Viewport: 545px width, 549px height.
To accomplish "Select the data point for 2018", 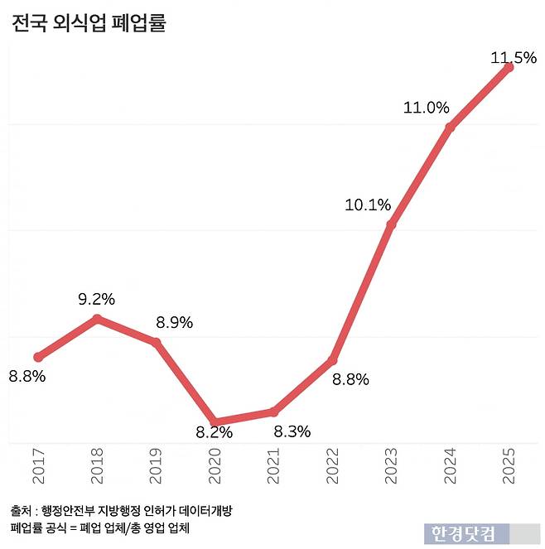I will click(x=97, y=319).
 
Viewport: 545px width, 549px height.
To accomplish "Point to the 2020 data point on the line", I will click(x=215, y=421).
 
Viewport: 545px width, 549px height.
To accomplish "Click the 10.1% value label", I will click(x=368, y=205).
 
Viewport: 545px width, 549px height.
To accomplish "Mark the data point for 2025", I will click(x=509, y=67).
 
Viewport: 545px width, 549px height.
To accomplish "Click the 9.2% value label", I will click(x=97, y=299).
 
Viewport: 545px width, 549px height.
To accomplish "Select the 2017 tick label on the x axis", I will click(x=38, y=468).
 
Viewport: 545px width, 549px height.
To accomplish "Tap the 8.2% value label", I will click(x=214, y=432).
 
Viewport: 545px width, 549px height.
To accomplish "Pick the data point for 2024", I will click(x=450, y=127).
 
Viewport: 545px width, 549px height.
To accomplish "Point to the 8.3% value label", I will click(x=292, y=431).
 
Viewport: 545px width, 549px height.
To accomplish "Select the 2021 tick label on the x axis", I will click(x=274, y=468).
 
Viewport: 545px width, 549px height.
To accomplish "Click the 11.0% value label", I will click(x=426, y=108).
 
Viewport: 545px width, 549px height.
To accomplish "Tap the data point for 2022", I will click(x=333, y=360).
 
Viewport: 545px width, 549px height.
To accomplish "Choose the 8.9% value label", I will click(x=175, y=323).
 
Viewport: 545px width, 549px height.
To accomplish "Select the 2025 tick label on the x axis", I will click(x=509, y=468).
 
